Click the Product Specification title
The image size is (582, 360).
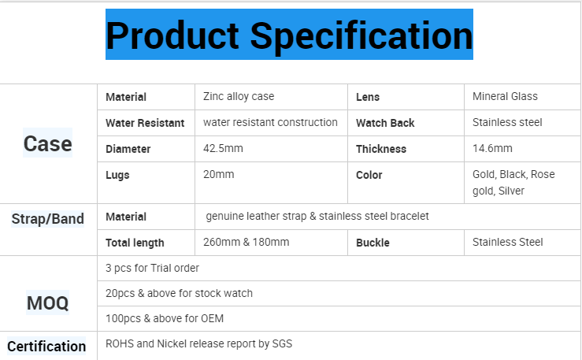[289, 35]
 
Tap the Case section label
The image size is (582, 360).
[47, 143]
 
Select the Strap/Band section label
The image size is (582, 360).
[47, 218]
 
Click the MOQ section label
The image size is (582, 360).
[47, 302]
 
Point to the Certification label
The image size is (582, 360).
[46, 347]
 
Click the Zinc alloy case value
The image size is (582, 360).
[239, 96]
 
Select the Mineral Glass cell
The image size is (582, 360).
[505, 96]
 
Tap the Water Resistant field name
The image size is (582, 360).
[145, 123]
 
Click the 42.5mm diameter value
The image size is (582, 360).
[223, 148]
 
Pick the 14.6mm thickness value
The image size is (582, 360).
[492, 148]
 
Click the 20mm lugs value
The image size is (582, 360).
[219, 174]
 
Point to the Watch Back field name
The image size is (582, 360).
[385, 123]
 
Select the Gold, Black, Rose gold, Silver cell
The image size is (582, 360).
[513, 183]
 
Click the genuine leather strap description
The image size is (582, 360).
[317, 216]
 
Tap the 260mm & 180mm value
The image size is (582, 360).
[246, 242]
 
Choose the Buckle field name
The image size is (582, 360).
[373, 243]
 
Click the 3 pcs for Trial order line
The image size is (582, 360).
[152, 268]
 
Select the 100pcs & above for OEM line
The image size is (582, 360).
[165, 318]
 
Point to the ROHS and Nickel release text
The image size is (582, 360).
[198, 343]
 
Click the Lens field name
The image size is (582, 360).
[368, 97]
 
